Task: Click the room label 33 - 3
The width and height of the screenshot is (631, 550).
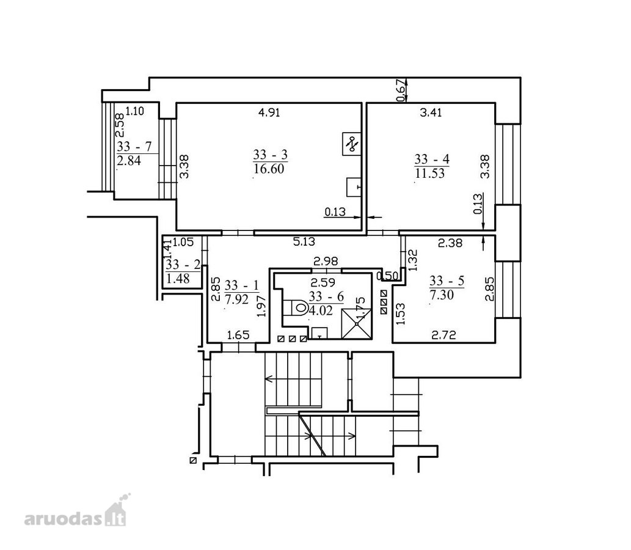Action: point(271,155)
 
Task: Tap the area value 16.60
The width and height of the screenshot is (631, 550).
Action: point(269,169)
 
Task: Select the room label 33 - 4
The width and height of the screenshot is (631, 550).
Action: point(432,159)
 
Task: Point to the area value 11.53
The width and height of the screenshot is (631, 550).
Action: point(430,174)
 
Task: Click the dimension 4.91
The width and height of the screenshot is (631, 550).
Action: point(269,112)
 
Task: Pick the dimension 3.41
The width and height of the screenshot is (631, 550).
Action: point(431,112)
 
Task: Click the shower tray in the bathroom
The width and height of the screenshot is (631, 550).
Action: point(357,323)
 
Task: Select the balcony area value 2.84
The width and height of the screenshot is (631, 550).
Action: point(129,161)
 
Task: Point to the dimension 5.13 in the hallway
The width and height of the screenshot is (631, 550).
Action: point(304,241)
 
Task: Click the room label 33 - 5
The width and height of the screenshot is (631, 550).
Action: point(447,280)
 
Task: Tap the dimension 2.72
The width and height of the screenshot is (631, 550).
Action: point(443,335)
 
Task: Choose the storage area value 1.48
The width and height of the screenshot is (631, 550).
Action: point(178,279)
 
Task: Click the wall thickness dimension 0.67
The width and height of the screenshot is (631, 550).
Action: point(401,90)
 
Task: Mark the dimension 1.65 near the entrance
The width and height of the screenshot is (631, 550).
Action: point(238,335)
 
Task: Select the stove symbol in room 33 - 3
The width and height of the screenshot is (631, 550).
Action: point(351,144)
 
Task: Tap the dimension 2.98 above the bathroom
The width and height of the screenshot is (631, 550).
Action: point(326,262)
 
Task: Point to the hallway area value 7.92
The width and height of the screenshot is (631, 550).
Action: point(236,299)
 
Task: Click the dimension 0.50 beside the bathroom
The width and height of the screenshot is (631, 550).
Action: point(387,276)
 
